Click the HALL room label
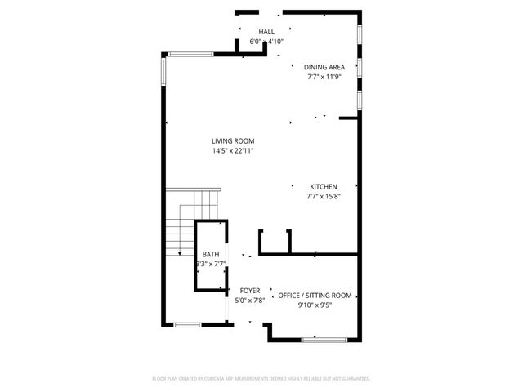pyautogui.click(x=266, y=31)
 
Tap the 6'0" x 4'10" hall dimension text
pyautogui.click(x=266, y=41)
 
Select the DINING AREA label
pyautogui.click(x=324, y=67)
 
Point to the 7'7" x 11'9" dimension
pyautogui.click(x=324, y=77)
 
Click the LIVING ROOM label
pyautogui.click(x=233, y=141)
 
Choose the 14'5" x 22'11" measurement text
pyautogui.click(x=233, y=151)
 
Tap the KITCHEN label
pyautogui.click(x=323, y=186)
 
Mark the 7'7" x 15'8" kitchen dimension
pyautogui.click(x=323, y=196)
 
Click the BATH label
pyautogui.click(x=211, y=255)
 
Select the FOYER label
pyautogui.click(x=249, y=291)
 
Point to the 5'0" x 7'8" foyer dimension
pyautogui.click(x=249, y=301)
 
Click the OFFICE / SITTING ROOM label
pyautogui.click(x=315, y=296)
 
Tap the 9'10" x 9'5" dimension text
pyautogui.click(x=315, y=305)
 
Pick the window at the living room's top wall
pyautogui.click(x=190, y=55)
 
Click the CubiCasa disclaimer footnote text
pyautogui.click(x=261, y=379)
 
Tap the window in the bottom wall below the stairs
pyautogui.click(x=188, y=324)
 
